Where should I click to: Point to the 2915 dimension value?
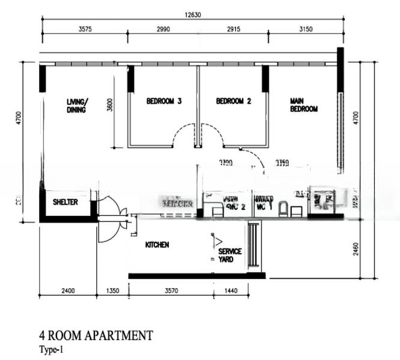[234, 28]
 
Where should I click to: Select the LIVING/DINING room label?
[77, 106]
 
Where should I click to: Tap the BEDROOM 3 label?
[164, 101]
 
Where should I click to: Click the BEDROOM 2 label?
[234, 101]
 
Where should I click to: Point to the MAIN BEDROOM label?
[304, 105]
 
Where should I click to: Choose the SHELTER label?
[65, 203]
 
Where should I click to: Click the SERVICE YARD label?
[230, 256]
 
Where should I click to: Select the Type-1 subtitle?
[52, 349]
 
